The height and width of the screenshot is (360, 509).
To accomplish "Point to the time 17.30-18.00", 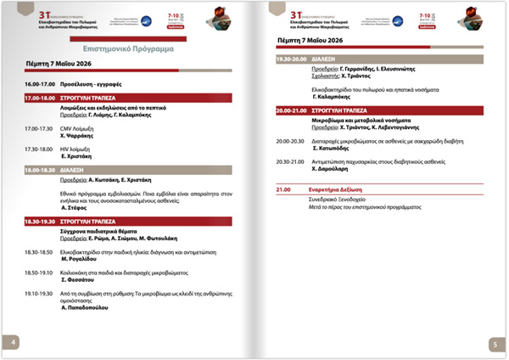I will pos(39,149).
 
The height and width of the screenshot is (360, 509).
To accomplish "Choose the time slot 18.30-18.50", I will pos(39,253).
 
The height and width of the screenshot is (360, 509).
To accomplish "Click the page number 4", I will pos(14,342).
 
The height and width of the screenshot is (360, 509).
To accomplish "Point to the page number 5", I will pos(494,344).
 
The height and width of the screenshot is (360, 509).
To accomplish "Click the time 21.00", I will pos(283,190).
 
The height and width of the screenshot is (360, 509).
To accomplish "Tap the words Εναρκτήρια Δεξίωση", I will pos(343,190).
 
